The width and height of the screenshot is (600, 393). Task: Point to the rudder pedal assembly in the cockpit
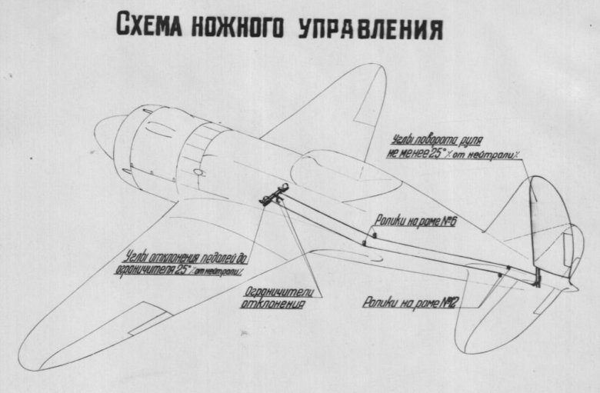click(x=274, y=195)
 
